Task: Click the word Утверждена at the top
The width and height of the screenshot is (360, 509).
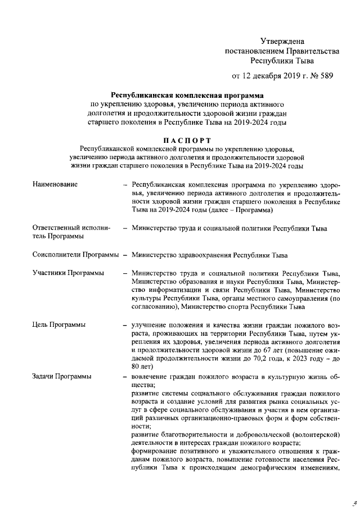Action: pyautogui.click(x=282, y=41)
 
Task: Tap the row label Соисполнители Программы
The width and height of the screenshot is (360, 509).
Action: pyautogui.click(x=76, y=254)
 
